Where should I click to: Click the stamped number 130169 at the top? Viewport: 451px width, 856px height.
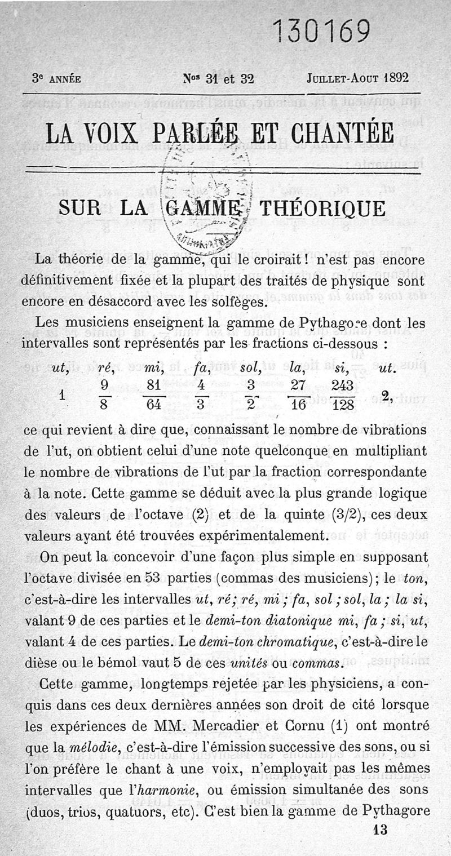click(321, 33)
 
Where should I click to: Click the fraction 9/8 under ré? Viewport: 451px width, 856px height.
click(104, 396)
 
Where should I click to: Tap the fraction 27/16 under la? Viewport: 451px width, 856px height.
click(297, 396)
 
